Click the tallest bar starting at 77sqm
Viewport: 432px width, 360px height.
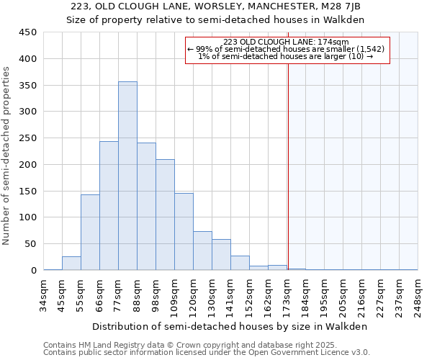pos(127,176)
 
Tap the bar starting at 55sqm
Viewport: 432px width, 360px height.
pos(90,233)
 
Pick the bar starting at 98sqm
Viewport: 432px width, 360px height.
pos(165,215)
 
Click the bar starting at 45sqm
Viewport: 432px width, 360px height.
pos(71,264)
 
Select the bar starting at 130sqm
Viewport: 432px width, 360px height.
pos(221,255)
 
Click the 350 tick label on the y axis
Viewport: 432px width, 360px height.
pos(27,85)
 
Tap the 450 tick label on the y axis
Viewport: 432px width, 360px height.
pos(27,32)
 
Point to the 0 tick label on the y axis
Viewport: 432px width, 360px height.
pos(33,270)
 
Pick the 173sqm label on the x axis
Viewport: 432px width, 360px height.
pos(287,295)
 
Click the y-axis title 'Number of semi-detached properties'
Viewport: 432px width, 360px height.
pos(7,156)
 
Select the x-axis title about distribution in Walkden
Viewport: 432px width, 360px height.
pos(230,326)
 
